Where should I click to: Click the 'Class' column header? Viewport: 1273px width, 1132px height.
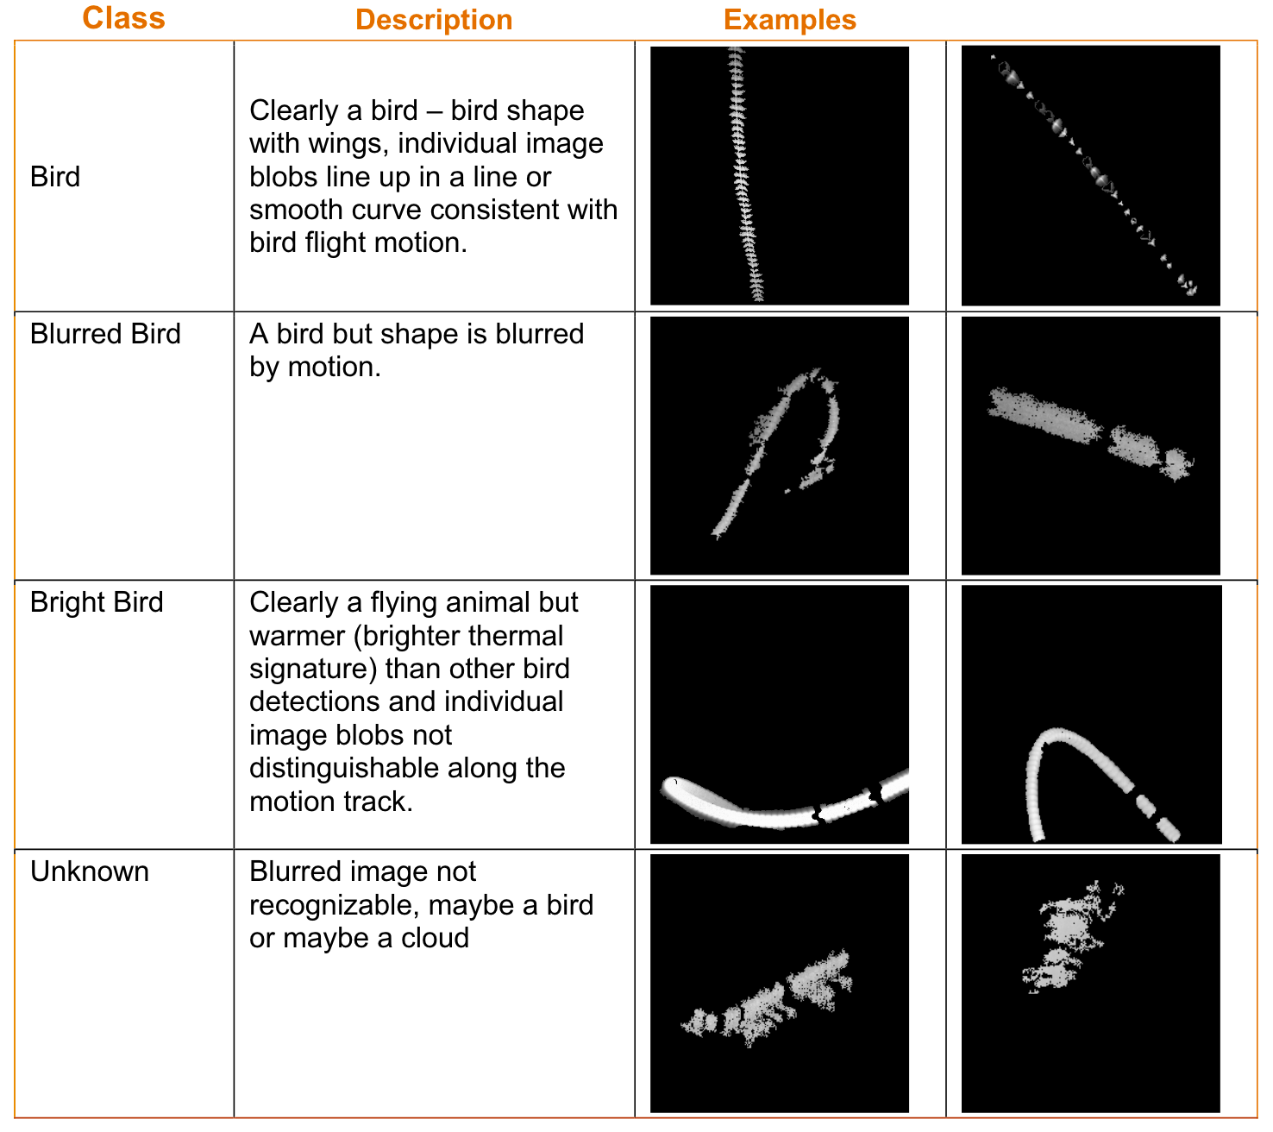123,18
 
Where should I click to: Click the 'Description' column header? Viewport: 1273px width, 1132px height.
434,20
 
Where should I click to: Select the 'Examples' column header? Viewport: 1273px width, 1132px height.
789,20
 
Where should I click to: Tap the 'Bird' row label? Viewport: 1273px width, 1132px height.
55,177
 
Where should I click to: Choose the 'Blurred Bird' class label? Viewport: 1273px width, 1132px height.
105,334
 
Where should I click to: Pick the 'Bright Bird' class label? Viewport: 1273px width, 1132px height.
97,602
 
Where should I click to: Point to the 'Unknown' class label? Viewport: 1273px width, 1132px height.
90,871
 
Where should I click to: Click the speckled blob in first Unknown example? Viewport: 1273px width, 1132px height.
768,1001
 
